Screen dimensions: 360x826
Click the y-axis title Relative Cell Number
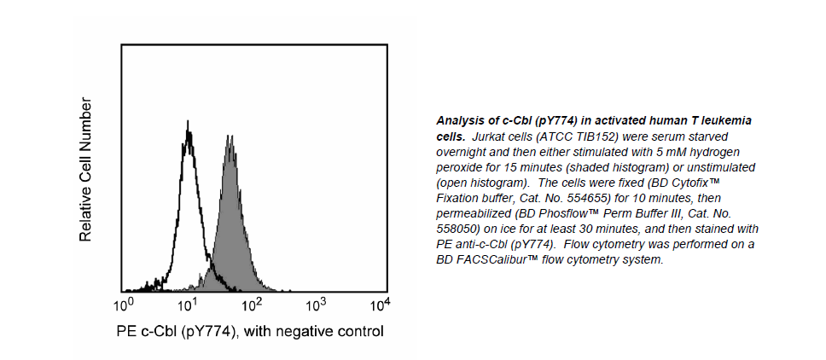pyautogui.click(x=85, y=169)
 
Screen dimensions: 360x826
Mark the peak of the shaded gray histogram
pyautogui.click(x=229, y=136)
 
